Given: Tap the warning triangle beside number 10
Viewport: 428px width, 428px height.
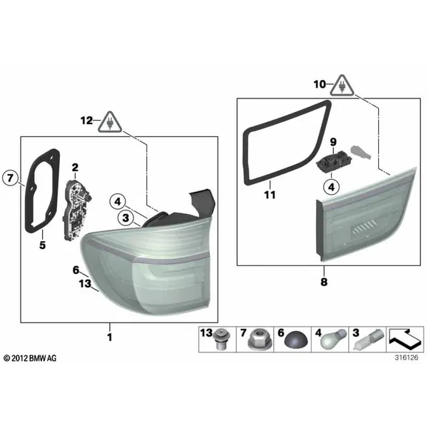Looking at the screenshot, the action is [x=342, y=86].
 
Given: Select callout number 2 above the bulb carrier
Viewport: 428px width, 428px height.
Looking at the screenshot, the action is [x=75, y=168].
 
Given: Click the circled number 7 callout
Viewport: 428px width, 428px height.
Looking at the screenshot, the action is [x=10, y=178].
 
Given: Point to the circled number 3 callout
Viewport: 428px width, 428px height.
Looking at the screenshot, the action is [x=126, y=218].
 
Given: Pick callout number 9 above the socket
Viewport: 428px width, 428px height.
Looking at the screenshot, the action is [x=333, y=142].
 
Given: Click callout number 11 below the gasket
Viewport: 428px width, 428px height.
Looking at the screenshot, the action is [x=270, y=195].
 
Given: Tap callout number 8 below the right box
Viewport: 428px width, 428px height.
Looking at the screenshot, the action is [x=324, y=282].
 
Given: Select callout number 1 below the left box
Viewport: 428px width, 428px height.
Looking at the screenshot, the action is [x=110, y=337].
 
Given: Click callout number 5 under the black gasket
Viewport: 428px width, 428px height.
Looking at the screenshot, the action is [x=42, y=245].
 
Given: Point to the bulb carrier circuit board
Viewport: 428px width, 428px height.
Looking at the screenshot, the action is [x=76, y=210].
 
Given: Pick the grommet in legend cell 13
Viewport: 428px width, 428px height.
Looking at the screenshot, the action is [x=221, y=340].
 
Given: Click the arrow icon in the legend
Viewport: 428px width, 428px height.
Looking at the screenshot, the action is [x=405, y=340].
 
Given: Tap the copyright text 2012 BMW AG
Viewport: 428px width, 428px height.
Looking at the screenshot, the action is [x=30, y=358].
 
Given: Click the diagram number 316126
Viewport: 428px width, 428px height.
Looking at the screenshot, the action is [x=407, y=357].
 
